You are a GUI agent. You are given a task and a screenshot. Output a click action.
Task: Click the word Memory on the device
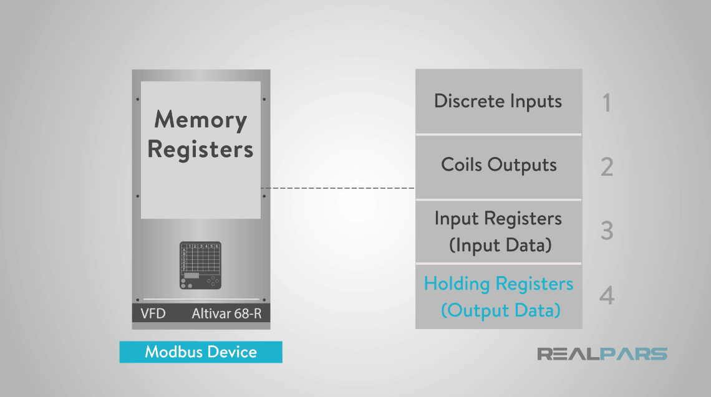(x=200, y=120)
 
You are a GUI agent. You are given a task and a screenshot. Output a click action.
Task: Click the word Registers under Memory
(x=200, y=150)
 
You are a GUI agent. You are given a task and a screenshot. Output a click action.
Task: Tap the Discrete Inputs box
(x=498, y=101)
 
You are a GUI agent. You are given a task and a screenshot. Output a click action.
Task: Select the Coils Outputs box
(x=498, y=165)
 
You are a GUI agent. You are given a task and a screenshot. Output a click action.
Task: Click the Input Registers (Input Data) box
(x=498, y=231)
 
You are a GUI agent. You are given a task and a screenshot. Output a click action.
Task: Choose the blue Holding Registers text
(x=498, y=284)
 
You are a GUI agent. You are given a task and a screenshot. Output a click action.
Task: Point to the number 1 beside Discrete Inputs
(x=606, y=103)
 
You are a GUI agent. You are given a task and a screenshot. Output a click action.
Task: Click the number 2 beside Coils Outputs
(x=606, y=167)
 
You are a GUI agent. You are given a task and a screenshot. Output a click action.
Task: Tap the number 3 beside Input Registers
(x=606, y=231)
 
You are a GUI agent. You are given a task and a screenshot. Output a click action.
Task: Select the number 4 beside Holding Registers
(x=606, y=295)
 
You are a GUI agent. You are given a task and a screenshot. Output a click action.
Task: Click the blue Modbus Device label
(x=201, y=352)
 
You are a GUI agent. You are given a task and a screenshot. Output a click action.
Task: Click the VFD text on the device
(x=153, y=313)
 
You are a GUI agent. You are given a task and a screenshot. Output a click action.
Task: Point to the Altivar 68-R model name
(x=226, y=313)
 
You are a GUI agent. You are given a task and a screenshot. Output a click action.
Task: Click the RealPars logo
(x=602, y=354)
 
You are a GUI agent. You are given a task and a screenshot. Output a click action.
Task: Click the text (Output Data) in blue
(x=500, y=310)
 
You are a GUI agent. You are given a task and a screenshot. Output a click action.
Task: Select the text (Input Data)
(x=500, y=245)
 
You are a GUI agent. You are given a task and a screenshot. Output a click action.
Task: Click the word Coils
(x=462, y=165)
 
